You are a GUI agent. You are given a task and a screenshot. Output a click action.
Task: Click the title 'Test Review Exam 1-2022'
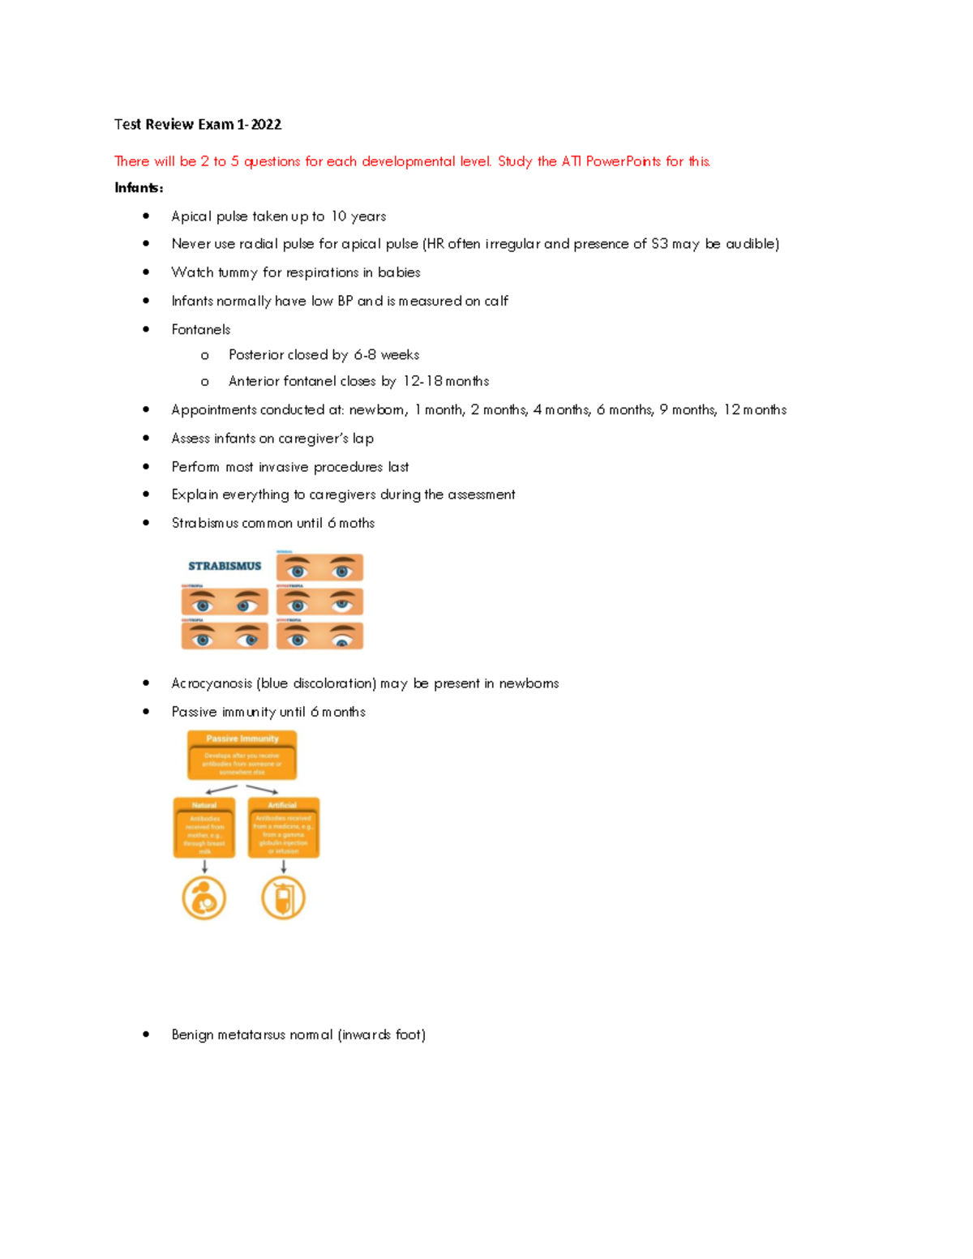[198, 124]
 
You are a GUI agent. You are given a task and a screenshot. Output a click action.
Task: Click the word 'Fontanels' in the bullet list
[200, 329]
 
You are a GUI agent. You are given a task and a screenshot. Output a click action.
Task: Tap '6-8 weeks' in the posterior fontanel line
[386, 355]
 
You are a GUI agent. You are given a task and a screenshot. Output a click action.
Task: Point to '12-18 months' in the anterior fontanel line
[446, 381]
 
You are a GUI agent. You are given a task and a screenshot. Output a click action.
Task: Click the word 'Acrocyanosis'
[212, 683]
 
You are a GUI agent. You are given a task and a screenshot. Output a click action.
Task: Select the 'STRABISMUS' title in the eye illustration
[225, 566]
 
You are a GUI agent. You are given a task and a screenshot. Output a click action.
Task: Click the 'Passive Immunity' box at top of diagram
[242, 755]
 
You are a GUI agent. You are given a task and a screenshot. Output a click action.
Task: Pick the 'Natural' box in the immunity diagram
[204, 827]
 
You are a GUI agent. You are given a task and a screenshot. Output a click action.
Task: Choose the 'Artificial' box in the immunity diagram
[283, 827]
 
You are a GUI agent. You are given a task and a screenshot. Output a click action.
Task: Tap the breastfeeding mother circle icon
[204, 898]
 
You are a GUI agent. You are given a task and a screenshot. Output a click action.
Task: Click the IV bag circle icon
[283, 898]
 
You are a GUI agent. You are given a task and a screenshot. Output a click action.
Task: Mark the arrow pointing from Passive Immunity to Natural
[221, 789]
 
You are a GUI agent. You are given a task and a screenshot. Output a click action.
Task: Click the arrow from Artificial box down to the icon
[283, 867]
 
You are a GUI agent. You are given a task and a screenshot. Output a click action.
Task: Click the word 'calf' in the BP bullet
[496, 301]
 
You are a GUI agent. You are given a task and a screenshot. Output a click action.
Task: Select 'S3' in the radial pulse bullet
[659, 244]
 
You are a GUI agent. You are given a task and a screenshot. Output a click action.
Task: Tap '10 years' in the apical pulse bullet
[358, 216]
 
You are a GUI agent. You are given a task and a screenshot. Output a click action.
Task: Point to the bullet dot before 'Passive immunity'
[146, 712]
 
